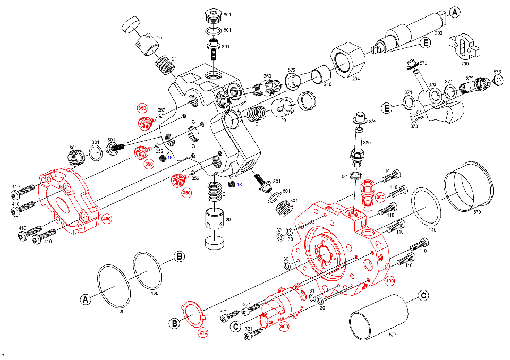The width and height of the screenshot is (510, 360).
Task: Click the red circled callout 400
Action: [107, 219]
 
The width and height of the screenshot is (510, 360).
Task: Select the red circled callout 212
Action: [203, 333]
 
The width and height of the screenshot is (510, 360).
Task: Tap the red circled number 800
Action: [284, 327]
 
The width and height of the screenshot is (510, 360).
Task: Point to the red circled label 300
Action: [380, 197]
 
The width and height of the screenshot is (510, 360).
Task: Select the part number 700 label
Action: [465, 63]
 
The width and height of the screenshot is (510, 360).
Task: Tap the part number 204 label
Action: [355, 79]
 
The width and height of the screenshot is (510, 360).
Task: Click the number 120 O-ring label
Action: [155, 293]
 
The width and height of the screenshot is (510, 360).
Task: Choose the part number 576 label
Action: [497, 72]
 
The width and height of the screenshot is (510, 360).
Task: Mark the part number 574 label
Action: [372, 121]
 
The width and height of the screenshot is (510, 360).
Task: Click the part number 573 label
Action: [423, 63]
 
